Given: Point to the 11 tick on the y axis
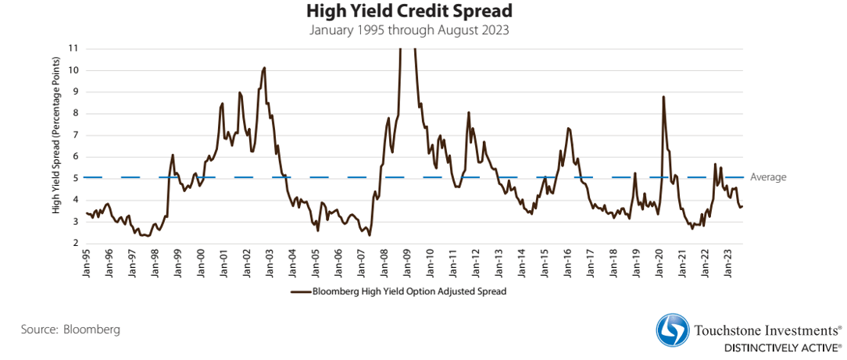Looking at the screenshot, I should coord(74,48).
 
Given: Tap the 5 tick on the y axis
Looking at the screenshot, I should coord(76,178).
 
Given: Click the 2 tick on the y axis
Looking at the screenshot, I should coord(76,243).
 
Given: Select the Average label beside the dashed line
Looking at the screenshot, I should coord(768,177).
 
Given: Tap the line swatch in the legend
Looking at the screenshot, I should coord(300,291).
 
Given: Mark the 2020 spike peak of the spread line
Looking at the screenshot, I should coord(663,97).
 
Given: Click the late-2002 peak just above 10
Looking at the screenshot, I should coord(264,68).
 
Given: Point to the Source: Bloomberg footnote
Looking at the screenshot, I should coord(71,330).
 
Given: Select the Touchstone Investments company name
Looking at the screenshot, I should coord(766,330).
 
